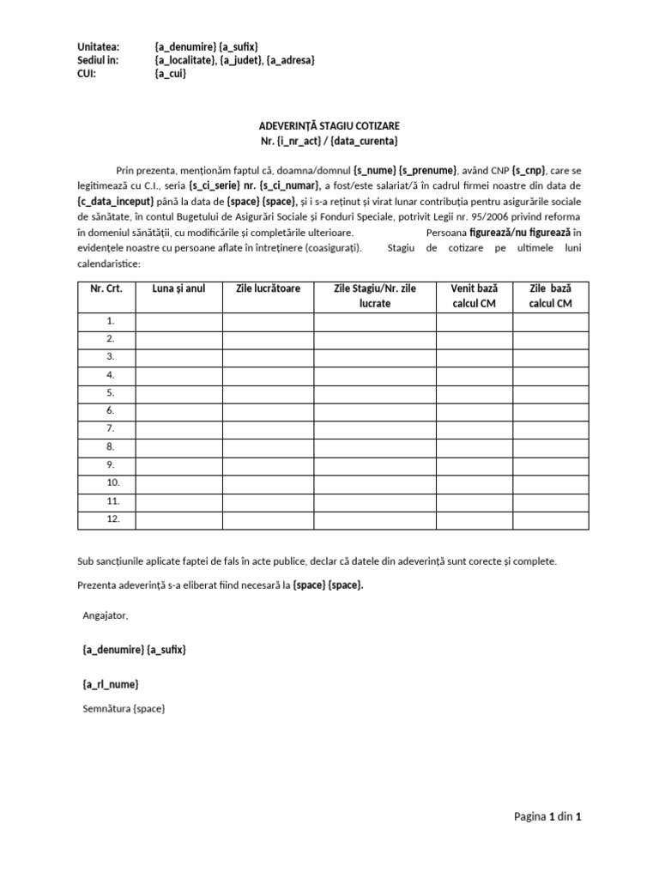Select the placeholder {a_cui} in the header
coord(170,75)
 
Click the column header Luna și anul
coord(178,288)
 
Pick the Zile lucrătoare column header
coord(268,288)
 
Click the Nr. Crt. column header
coord(106,288)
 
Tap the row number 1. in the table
coord(110,322)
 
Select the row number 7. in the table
coord(110,428)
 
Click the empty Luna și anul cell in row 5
coord(178,393)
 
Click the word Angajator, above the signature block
coord(106,615)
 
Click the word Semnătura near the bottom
coord(107,709)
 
